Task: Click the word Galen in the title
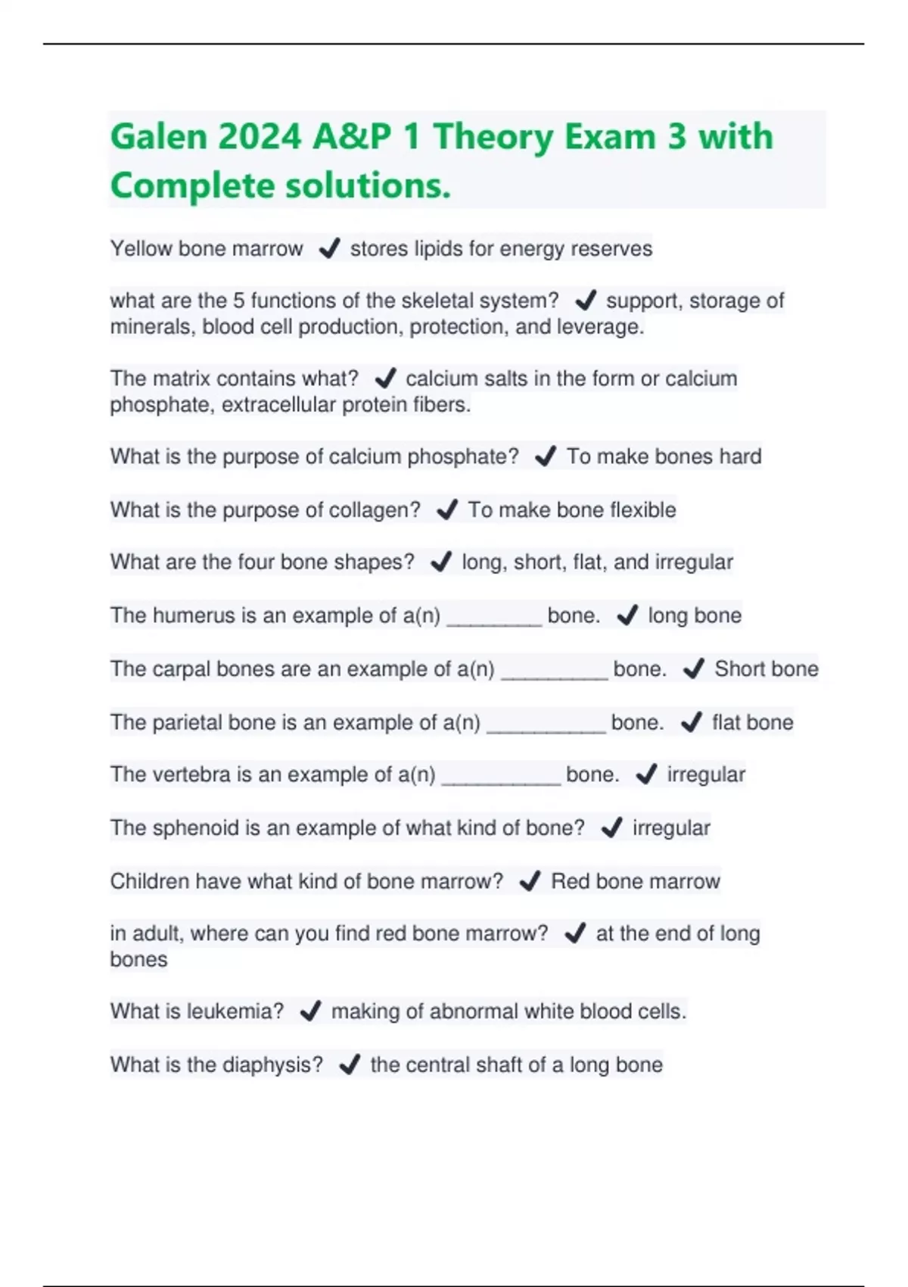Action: coord(158,137)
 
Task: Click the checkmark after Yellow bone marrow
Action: coord(329,248)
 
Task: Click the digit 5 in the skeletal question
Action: coord(238,301)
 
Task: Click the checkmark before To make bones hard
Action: coord(545,457)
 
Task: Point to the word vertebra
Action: coord(191,774)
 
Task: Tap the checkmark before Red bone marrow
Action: coord(530,880)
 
